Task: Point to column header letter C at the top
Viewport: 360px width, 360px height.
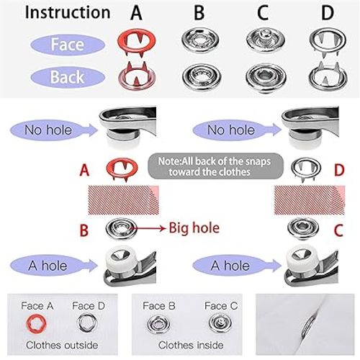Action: pyautogui.click(x=260, y=12)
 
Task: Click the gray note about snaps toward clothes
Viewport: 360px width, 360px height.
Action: pyautogui.click(x=208, y=167)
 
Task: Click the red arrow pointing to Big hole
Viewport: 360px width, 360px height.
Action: pyautogui.click(x=147, y=230)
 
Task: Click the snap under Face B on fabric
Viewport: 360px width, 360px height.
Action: pyautogui.click(x=163, y=322)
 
